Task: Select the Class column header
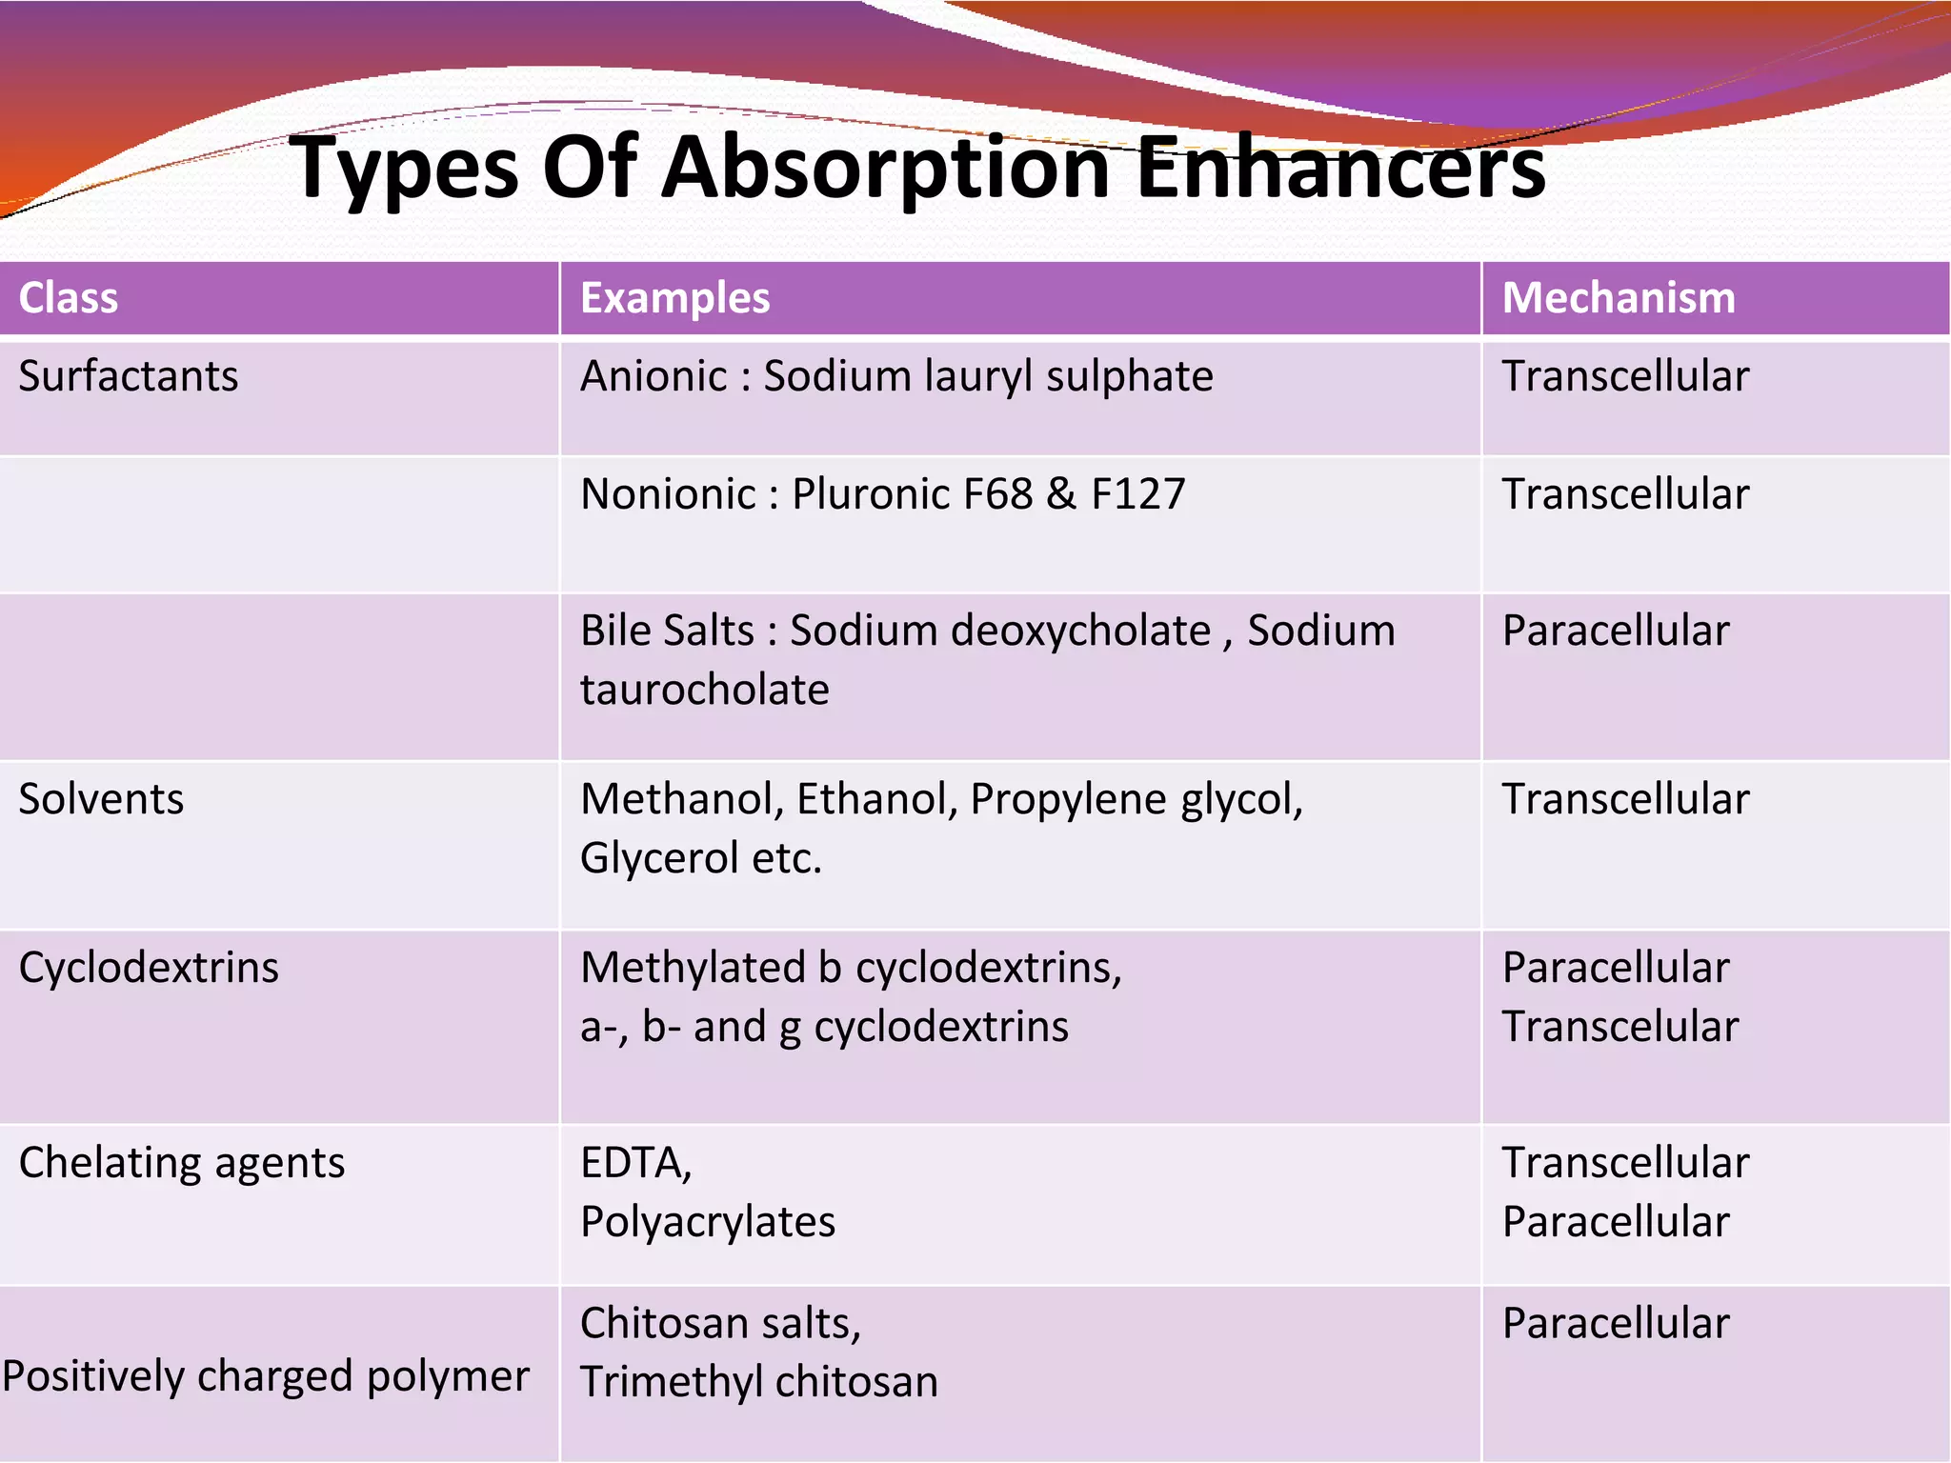click(69, 298)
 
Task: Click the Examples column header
click(674, 298)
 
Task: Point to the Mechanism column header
click(1619, 298)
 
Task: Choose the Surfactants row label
click(129, 376)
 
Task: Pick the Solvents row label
click(101, 799)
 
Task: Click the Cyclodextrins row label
click(149, 968)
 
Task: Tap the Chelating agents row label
click(182, 1163)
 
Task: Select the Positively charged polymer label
click(266, 1376)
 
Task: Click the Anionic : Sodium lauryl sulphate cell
click(896, 376)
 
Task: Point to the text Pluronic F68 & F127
click(988, 494)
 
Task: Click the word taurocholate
click(705, 690)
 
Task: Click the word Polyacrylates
click(708, 1222)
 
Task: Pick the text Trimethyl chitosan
click(759, 1382)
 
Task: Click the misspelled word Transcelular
click(1619, 1027)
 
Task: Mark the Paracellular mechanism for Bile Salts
click(1616, 631)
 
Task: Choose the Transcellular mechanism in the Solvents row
click(1625, 799)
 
